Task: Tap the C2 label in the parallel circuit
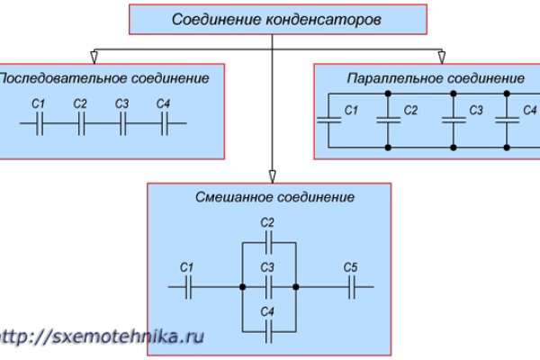410,111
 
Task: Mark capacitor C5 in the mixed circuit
350,287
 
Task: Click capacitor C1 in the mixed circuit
187,287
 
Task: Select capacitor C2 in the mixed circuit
268,240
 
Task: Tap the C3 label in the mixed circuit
266,268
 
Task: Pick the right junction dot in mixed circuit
295,287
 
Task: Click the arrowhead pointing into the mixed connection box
270,177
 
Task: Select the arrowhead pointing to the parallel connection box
441,58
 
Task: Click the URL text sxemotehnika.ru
99,336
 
